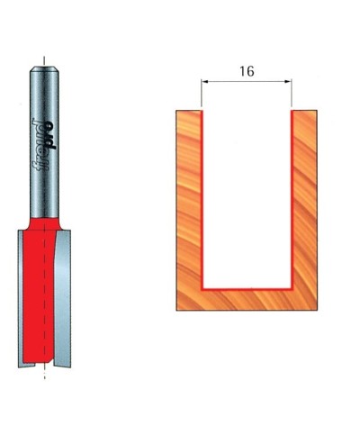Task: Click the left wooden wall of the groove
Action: [x=188, y=198]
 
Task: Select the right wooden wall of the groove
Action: [x=305, y=198]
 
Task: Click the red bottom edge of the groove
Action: [x=247, y=287]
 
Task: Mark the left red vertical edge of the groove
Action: [x=202, y=198]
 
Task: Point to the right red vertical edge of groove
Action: [x=292, y=198]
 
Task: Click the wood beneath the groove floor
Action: [x=247, y=299]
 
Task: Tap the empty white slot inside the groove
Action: [x=247, y=198]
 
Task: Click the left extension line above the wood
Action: [x=202, y=95]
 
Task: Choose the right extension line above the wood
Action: [x=292, y=95]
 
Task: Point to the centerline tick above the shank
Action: [x=41, y=64]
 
